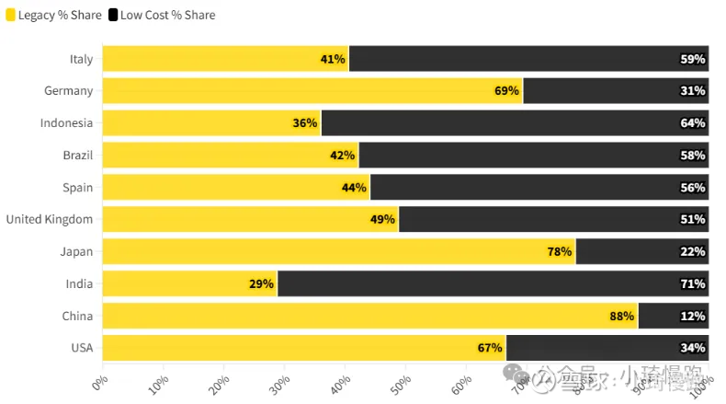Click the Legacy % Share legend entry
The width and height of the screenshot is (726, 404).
coord(53,15)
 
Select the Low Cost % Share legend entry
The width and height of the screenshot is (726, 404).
coord(161,15)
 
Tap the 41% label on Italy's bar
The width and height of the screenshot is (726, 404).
coord(333,59)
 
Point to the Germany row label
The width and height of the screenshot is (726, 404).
coord(68,91)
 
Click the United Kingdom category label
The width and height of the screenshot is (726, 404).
coord(50,219)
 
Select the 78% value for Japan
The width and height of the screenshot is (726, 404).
coord(559,251)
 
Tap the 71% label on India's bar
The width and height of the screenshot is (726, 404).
coord(692,283)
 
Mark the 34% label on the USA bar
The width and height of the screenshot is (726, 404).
coord(692,348)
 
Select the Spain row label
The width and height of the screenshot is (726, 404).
coord(77,188)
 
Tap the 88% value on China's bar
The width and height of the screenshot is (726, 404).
coord(621,316)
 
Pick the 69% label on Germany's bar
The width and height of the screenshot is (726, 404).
coord(506,91)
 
